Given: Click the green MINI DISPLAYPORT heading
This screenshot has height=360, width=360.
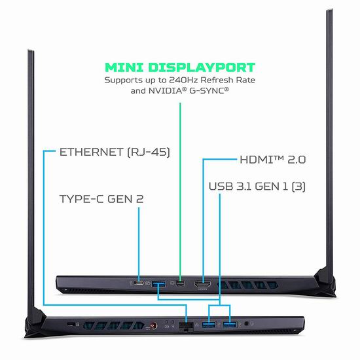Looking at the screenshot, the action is coord(180,67).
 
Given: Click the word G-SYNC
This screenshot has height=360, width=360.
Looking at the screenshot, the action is coord(207,91).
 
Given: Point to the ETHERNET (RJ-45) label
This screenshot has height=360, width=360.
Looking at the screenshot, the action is coord(115,152).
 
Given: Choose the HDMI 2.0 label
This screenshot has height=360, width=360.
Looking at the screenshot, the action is coord(273,160).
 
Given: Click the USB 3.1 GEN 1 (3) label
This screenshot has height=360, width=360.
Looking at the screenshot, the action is coord(257,186).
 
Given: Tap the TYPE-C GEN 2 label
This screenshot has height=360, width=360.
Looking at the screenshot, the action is coord(101,199).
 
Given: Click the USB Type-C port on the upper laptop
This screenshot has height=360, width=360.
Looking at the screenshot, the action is coord(139,283).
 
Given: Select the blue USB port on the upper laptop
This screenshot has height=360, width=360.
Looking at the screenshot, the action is coord(158,284).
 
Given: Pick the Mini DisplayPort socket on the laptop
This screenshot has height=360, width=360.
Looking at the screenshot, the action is coord(181,283).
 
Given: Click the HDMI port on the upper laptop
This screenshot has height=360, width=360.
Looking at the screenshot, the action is coord(202,285).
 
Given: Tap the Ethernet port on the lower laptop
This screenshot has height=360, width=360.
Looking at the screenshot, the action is coord(186,327).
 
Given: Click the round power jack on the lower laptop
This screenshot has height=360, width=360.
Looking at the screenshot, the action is coord(154,325).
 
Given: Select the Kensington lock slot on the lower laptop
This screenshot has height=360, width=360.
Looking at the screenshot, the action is coord(71,324).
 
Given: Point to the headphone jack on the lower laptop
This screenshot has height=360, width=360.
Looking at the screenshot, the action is coord(246,323).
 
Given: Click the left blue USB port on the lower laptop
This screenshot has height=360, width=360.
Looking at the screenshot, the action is coord(209,325).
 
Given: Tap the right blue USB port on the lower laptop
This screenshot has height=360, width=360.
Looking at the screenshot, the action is coord(230,325).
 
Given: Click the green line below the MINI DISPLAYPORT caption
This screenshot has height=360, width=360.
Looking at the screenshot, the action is coord(180,192).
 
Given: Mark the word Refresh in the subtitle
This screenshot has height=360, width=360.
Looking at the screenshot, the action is coord(215,80).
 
